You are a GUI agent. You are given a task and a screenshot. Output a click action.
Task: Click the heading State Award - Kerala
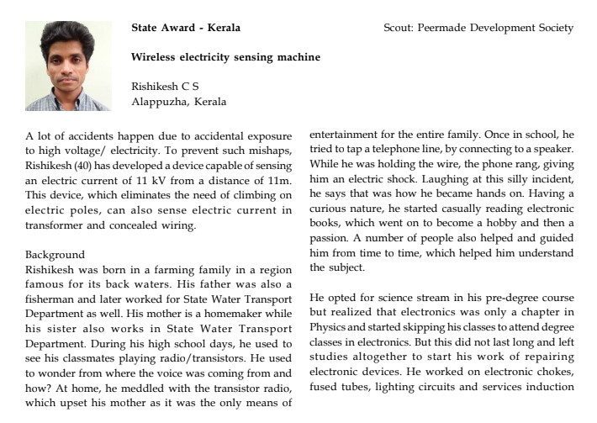[186, 28]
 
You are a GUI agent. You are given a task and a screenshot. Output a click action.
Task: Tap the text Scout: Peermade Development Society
[478, 28]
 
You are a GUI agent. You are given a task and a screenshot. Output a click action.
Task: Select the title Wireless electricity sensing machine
[225, 57]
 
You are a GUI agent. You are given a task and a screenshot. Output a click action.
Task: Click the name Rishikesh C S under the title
[166, 87]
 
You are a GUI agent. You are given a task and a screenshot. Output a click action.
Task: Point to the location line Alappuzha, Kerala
[179, 102]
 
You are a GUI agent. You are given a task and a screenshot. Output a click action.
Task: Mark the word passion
[331, 238]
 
